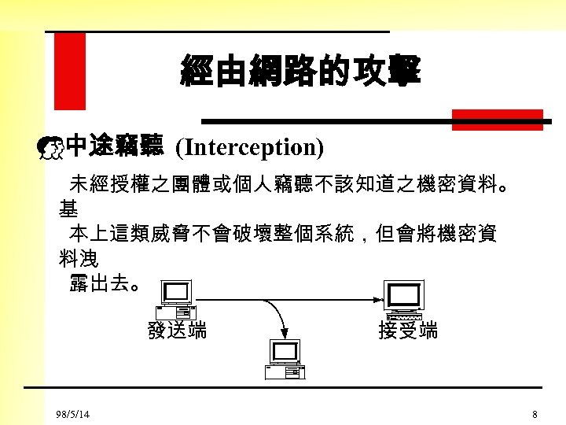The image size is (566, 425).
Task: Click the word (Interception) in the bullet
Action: point(249,146)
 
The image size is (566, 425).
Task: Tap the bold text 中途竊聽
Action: point(115,146)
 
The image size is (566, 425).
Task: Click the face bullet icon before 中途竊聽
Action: point(52,147)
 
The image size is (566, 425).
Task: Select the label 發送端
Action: point(177,331)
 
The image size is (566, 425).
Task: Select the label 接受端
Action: point(408,331)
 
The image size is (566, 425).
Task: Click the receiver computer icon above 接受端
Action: point(403,300)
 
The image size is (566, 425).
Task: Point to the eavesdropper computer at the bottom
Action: point(285,359)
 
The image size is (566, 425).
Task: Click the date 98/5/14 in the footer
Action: point(72,414)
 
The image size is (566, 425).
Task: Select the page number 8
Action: point(535,414)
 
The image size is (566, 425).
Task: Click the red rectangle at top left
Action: point(69,72)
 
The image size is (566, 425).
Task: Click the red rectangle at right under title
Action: point(497,120)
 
